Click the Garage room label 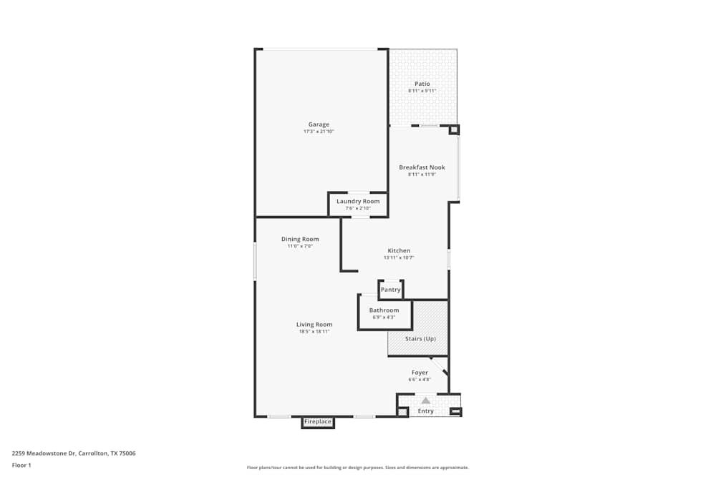[319, 124]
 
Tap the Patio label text [422, 84]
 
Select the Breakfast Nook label [422, 167]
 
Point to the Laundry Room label [358, 201]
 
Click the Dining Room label [300, 239]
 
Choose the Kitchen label [399, 250]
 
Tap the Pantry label [390, 290]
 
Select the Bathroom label [384, 310]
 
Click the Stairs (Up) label [420, 338]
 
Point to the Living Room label [314, 325]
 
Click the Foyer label [420, 373]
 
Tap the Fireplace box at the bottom [318, 422]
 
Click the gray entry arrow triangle [426, 400]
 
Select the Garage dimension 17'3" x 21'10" [319, 132]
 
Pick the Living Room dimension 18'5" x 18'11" [315, 332]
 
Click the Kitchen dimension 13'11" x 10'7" [399, 257]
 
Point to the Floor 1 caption [21, 465]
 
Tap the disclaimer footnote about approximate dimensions [357, 467]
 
